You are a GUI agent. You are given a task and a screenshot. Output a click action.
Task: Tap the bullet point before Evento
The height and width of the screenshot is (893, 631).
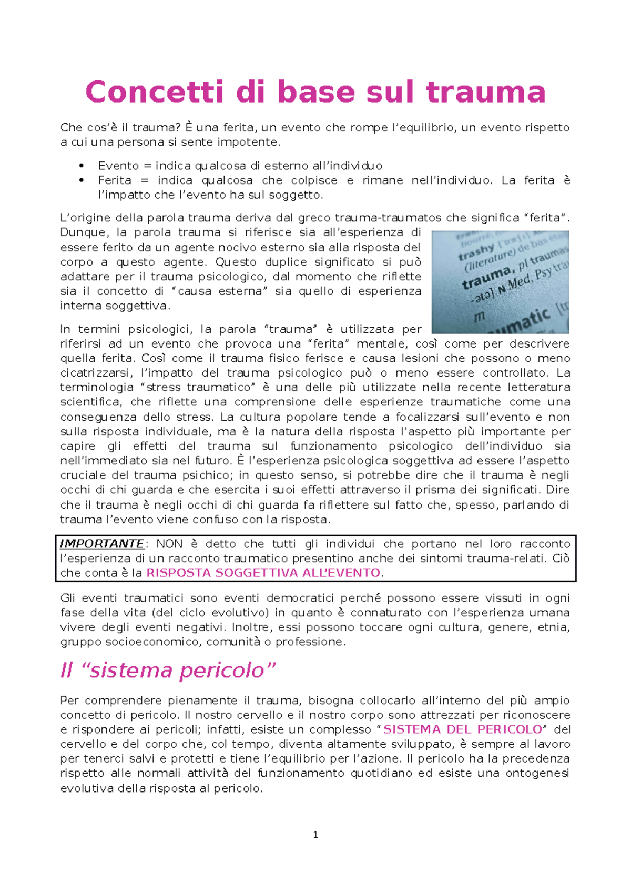[x=81, y=166]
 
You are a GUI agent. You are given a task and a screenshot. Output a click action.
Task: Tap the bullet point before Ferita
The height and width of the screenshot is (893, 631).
[x=81, y=180]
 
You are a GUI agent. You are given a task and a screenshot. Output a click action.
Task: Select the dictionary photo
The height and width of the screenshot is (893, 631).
[x=500, y=282]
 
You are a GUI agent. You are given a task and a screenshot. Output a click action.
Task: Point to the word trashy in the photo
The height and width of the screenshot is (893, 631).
[x=476, y=252]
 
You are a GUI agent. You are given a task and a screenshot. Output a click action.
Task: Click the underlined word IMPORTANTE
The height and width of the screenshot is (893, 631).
[x=102, y=544]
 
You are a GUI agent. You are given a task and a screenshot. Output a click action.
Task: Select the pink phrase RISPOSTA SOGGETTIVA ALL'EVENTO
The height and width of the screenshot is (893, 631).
[x=263, y=573]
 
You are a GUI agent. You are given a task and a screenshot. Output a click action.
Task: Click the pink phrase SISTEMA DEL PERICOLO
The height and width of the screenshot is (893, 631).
[x=463, y=729]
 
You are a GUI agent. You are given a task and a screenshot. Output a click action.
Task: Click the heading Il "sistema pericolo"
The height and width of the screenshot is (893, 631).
[x=168, y=671]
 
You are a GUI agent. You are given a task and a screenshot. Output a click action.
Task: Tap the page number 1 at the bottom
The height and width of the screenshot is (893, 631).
[x=315, y=835]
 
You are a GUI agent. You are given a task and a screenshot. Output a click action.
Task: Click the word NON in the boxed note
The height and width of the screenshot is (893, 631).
[x=169, y=544]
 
